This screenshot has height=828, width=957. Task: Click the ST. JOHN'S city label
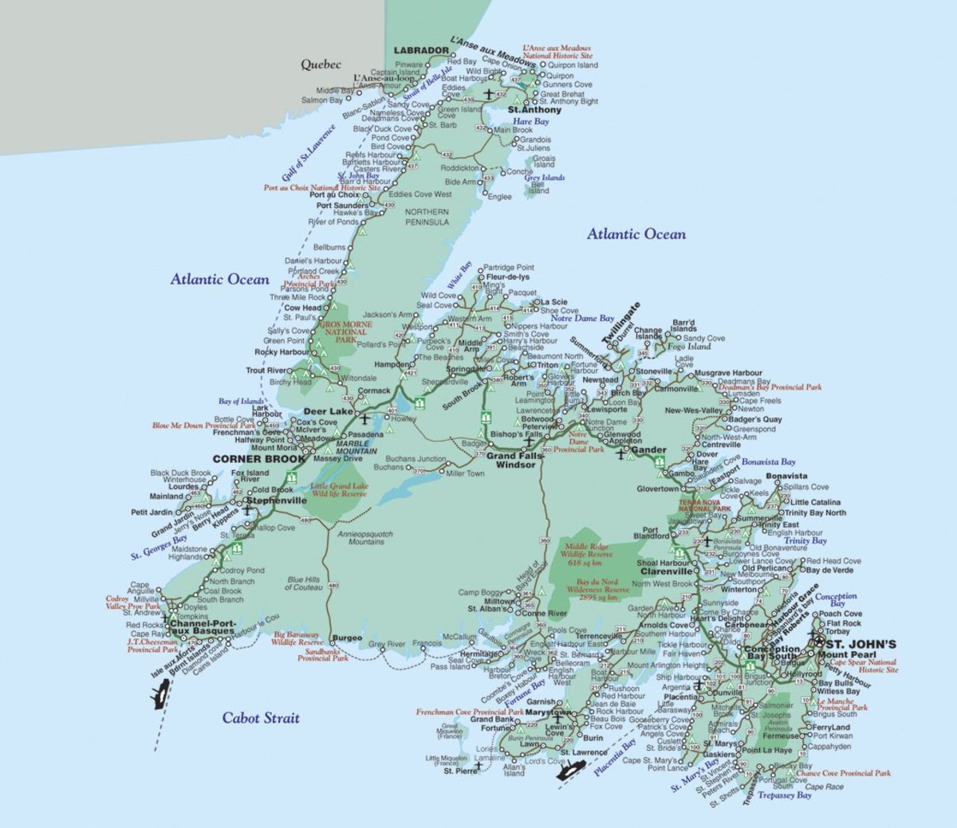click(861, 644)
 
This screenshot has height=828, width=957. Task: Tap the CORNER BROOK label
click(259, 459)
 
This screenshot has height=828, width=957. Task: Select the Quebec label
click(321, 65)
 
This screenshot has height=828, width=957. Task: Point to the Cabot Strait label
click(261, 717)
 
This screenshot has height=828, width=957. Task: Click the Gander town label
click(648, 449)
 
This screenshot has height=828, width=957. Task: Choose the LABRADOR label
click(421, 50)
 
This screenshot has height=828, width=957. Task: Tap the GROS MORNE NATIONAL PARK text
click(345, 332)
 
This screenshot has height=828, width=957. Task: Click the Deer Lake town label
click(328, 411)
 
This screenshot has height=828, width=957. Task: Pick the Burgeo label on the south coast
click(348, 638)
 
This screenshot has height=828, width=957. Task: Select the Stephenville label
click(276, 500)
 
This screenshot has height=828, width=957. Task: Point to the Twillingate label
click(620, 324)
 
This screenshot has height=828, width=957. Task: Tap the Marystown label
click(549, 712)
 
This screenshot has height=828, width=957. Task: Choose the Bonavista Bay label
click(768, 461)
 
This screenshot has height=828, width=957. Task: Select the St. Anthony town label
click(534, 110)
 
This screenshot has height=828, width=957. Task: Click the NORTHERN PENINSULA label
click(427, 217)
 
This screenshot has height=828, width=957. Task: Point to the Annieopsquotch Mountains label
click(365, 538)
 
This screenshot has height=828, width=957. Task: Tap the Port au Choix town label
click(334, 194)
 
